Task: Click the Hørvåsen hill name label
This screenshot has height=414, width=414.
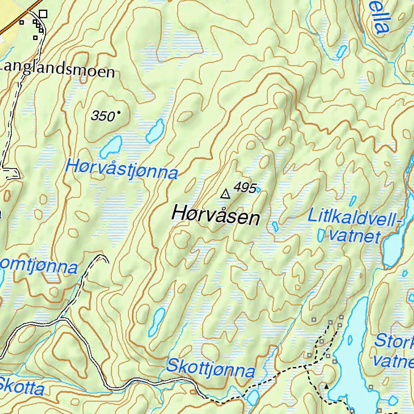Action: (x=216, y=215)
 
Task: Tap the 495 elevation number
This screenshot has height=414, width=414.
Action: (x=245, y=188)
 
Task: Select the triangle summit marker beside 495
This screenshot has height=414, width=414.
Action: (x=225, y=194)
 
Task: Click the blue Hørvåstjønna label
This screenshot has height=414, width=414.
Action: (x=121, y=169)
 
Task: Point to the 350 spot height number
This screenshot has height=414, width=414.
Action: (x=103, y=116)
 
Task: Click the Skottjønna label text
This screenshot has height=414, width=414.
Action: (x=211, y=368)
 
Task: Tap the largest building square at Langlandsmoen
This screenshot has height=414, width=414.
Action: (x=43, y=14)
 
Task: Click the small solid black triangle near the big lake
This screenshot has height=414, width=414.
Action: (x=327, y=387)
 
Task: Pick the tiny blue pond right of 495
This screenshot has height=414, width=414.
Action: (x=258, y=189)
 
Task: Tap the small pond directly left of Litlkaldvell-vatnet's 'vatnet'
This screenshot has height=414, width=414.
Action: (x=321, y=235)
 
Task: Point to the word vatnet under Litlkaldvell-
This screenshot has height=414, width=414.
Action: (x=355, y=236)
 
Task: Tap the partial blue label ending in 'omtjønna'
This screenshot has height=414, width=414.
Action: (x=38, y=267)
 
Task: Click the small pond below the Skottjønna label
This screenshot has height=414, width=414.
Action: (x=253, y=397)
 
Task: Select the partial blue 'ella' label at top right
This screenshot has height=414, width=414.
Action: (x=380, y=18)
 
